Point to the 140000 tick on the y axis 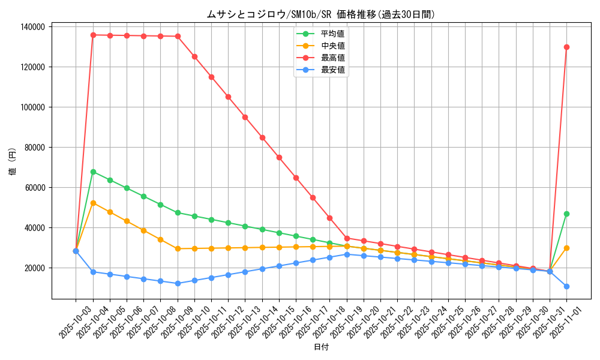coord(32,27)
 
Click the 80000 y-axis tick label coord(35,148)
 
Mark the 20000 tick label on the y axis coord(35,268)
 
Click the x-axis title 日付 coord(321,347)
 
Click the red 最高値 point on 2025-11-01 coord(566,47)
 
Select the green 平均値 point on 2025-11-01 coord(566,214)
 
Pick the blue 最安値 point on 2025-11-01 coord(566,286)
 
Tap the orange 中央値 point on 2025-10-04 coord(93,203)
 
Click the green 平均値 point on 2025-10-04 coord(93,172)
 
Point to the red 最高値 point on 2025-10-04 coord(93,35)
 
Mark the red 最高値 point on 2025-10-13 coord(245,117)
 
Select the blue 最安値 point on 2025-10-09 coord(178,283)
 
